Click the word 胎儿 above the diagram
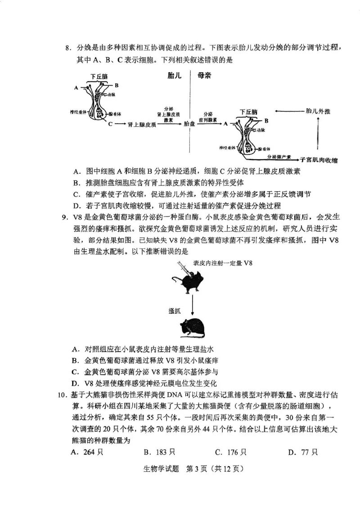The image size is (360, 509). tap(173, 76)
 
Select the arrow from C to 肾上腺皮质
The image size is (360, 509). tap(120, 124)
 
